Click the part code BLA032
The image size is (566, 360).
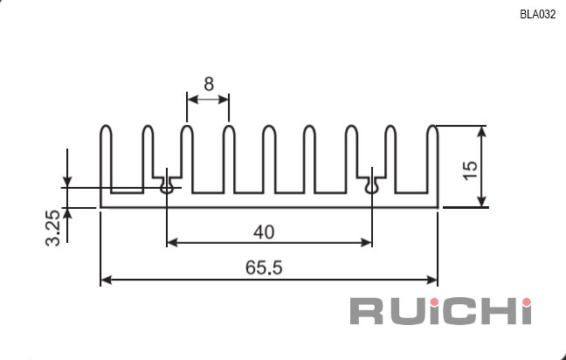[x=537, y=15]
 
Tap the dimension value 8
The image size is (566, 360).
[x=209, y=84]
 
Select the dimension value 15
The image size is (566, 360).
[x=470, y=170]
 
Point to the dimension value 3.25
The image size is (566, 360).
[x=52, y=228]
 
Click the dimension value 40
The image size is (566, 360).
[x=264, y=232]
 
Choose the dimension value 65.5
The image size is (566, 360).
[x=264, y=268]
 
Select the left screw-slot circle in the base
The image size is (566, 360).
[x=166, y=188]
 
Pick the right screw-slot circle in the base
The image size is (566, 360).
[x=371, y=188]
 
